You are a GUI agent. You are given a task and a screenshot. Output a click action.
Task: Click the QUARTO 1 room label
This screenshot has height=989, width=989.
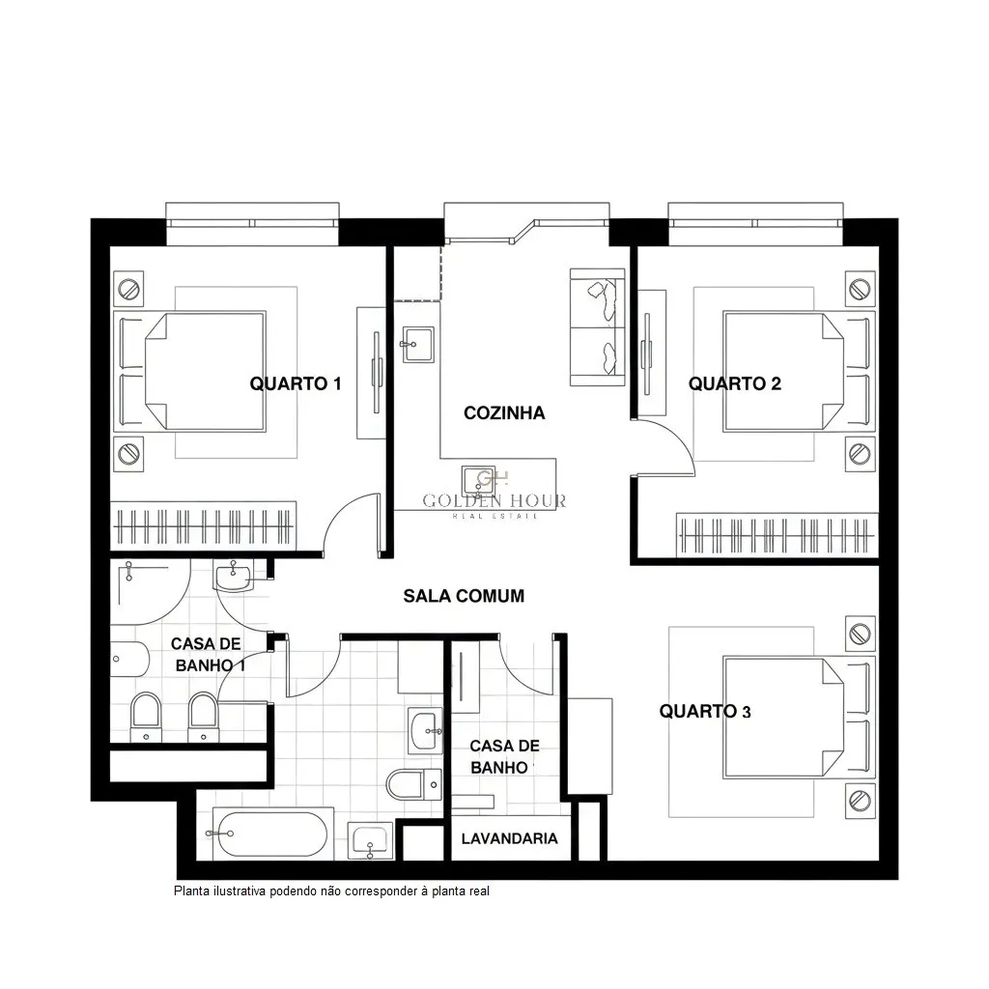tap(296, 383)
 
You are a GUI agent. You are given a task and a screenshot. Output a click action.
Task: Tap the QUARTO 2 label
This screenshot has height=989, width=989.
tap(735, 383)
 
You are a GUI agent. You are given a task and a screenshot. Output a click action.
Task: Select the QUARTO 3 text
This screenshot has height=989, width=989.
tap(705, 712)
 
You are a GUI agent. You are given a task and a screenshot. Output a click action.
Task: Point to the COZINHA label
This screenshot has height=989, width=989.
tap(504, 413)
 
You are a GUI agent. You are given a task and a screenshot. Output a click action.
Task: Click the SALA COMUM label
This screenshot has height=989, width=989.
tap(464, 596)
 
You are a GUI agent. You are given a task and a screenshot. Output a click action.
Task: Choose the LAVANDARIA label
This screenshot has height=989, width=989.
tap(510, 838)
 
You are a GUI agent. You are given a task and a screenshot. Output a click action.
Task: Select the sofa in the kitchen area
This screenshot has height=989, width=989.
tap(597, 326)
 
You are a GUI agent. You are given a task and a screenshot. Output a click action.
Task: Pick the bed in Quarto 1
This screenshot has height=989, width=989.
tap(190, 372)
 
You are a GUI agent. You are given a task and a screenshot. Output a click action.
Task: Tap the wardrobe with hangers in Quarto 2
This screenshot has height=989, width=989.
tap(777, 535)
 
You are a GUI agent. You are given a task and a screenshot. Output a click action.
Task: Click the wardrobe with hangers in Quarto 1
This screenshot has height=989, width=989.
tap(203, 525)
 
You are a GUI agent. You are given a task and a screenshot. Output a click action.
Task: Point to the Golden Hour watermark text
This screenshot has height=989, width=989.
tap(494, 501)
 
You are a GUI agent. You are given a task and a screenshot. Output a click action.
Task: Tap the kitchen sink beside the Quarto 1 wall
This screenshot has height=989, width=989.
tap(417, 345)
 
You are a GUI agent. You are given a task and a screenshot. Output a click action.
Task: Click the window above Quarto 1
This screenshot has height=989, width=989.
tap(252, 223)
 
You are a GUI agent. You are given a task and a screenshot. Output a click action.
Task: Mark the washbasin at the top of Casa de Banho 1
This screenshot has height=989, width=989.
tap(233, 577)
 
